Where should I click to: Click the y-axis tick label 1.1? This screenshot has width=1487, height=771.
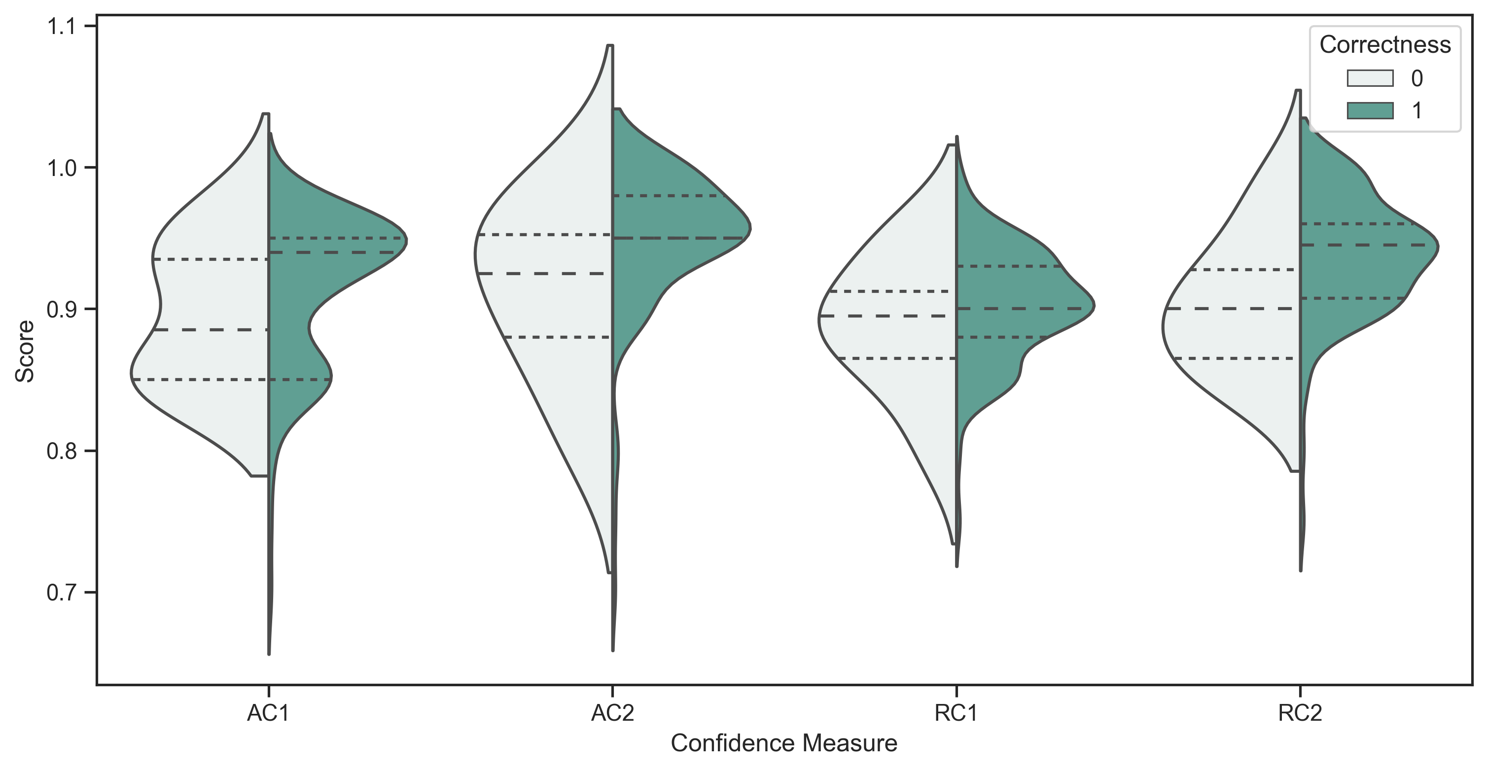coord(61,27)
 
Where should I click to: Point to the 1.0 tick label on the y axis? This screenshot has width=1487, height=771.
coord(61,168)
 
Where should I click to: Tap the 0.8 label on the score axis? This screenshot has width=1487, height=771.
coord(61,451)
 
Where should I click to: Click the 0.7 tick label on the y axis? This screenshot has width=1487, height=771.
coord(61,593)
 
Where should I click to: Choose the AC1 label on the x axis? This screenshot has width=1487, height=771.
coord(268,714)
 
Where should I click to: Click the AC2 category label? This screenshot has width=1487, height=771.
coord(612,714)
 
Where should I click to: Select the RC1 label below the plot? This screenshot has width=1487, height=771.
coord(956,714)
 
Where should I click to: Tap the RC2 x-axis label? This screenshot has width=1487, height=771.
coord(1300,714)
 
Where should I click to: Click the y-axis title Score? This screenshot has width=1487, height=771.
coord(25,351)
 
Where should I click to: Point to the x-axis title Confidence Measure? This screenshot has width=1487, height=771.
coord(783,743)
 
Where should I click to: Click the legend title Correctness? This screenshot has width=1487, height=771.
coord(1385,45)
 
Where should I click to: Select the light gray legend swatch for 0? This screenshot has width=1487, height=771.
coord(1370,78)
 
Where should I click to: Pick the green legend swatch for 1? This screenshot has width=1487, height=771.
coord(1370,110)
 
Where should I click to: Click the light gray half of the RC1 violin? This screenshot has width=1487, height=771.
coord(900,335)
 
